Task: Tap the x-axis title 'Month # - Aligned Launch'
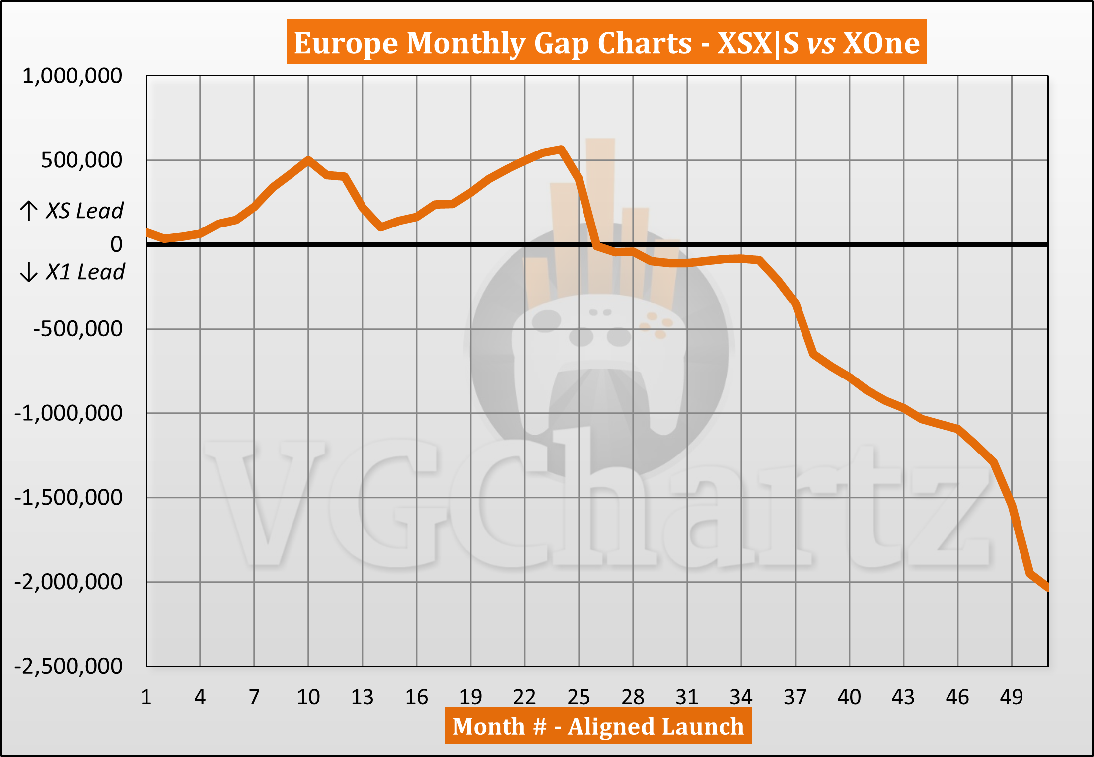pos(598,726)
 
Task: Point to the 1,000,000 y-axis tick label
pos(72,76)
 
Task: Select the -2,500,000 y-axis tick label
pos(68,666)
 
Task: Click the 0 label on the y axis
pos(116,244)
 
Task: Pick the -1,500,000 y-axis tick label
pos(68,497)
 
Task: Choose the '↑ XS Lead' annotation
pos(72,211)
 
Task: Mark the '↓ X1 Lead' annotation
pos(73,272)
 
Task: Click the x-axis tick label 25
pos(579,697)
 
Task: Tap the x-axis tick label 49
pos(1011,697)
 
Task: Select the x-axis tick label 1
pos(146,697)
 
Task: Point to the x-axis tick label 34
pos(741,697)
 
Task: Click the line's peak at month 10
pos(308,159)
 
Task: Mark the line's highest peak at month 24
pos(561,149)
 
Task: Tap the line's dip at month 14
pos(380,227)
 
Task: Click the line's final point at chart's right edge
pos(1047,588)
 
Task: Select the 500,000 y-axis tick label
pos(81,160)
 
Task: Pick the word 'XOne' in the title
pos(881,43)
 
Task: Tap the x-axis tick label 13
pos(362,697)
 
